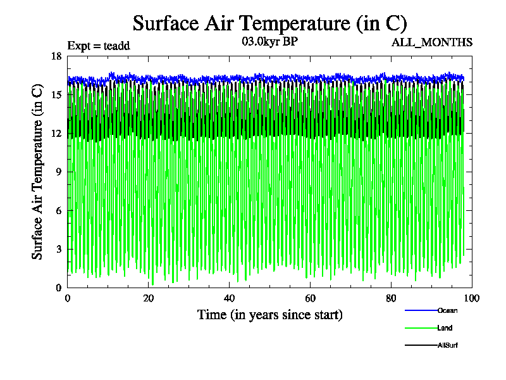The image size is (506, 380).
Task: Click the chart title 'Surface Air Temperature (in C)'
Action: [269, 23]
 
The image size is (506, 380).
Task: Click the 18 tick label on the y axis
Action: [56, 56]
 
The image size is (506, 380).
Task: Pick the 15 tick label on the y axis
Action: [56, 95]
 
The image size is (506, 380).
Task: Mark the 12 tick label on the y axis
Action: [56, 134]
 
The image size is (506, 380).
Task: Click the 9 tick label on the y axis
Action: [58, 172]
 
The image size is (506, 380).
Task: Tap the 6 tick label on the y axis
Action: [58, 211]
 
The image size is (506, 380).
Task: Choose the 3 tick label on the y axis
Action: [58, 250]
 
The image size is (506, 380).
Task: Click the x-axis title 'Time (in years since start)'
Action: [270, 315]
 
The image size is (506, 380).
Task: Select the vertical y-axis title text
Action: [38, 172]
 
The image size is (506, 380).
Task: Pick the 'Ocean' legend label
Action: [447, 310]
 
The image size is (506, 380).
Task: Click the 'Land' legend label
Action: [445, 328]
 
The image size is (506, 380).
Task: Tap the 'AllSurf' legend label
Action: [448, 345]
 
